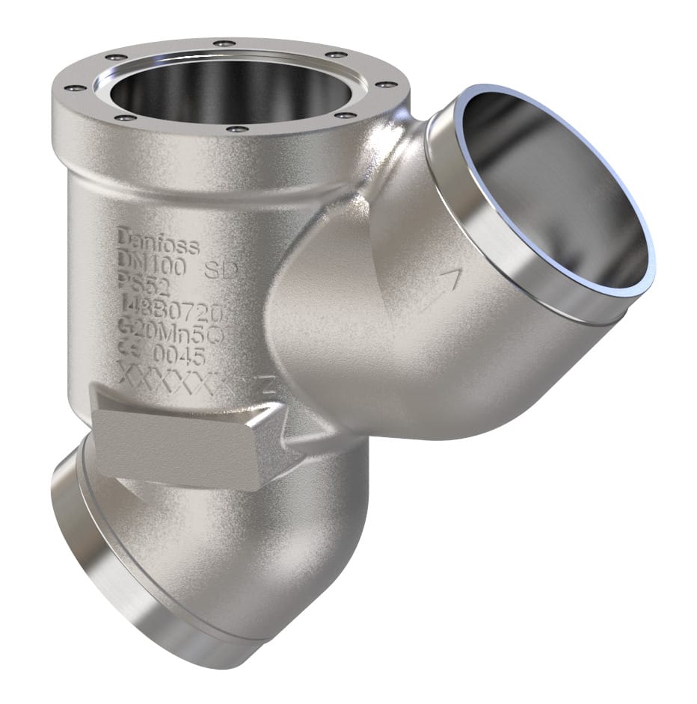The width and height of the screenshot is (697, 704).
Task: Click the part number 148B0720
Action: click(168, 306)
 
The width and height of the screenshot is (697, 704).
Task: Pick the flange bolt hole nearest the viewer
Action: click(238, 129)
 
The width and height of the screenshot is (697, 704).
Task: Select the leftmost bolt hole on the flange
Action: click(73, 87)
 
